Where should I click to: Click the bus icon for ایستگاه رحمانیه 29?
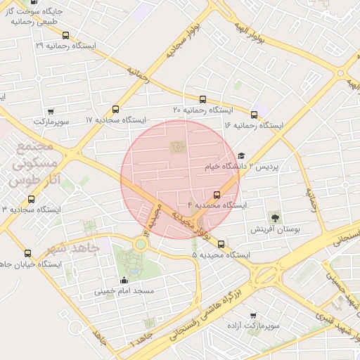point(65,34)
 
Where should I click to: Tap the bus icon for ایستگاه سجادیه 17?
point(116,109)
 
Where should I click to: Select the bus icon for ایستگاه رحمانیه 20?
point(203,100)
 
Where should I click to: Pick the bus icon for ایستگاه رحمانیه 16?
point(254,115)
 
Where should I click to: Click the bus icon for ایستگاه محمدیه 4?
point(217,194)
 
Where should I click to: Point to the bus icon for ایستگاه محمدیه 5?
point(221,244)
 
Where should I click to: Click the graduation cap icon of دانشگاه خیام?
point(241,157)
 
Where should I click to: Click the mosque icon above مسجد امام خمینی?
point(124,280)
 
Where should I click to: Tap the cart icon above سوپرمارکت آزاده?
point(253,316)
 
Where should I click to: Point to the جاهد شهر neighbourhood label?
point(70,248)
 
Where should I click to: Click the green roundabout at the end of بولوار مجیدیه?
point(141,244)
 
